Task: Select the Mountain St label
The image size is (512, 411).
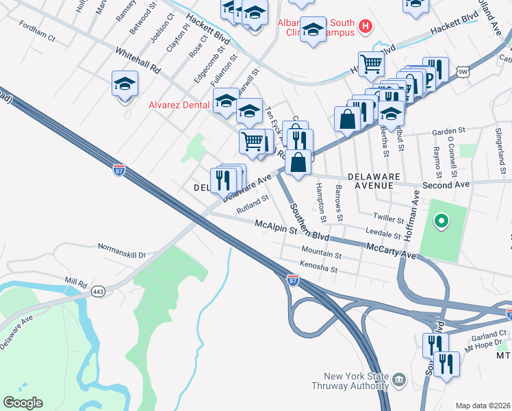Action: (x=320, y=253)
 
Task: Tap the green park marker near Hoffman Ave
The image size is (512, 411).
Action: (x=441, y=221)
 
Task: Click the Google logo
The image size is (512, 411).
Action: (x=23, y=403)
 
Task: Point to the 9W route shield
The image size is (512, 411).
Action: (x=463, y=71)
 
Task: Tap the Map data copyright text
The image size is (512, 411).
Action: (x=483, y=406)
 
